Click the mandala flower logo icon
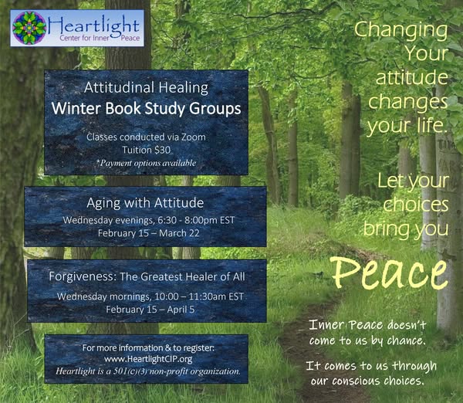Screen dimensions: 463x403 click(29, 28)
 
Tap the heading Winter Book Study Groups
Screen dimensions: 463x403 click(146, 108)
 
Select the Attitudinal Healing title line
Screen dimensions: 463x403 click(146, 88)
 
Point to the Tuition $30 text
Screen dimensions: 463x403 click(146, 150)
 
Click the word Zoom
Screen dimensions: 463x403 click(194, 137)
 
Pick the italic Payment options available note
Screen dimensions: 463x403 click(147, 163)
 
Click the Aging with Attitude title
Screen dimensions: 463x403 click(145, 203)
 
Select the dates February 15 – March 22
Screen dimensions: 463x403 click(148, 233)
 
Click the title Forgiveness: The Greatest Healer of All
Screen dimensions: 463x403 click(147, 277)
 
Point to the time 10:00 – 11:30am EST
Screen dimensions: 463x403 click(199, 296)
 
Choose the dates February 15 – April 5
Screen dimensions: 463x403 click(150, 310)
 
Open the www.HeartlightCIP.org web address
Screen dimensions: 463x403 click(148, 359)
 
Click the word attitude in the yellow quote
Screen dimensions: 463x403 click(412, 77)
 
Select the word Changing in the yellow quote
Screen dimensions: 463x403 click(400, 30)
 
